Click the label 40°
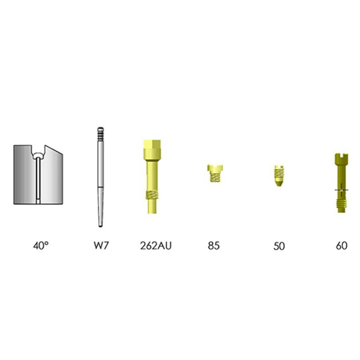pyautogui.click(x=41, y=246)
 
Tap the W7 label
pyautogui.click(x=101, y=245)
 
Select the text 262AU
pyautogui.click(x=156, y=246)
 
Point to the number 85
pyautogui.click(x=214, y=246)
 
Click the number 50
pyautogui.click(x=279, y=246)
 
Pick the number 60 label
pyautogui.click(x=342, y=246)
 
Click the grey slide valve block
pyautogui.click(x=38, y=175)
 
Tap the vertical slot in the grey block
pyautogui.click(x=38, y=179)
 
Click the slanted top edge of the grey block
pyautogui.click(x=54, y=149)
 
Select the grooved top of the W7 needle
pyautogui.click(x=100, y=134)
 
